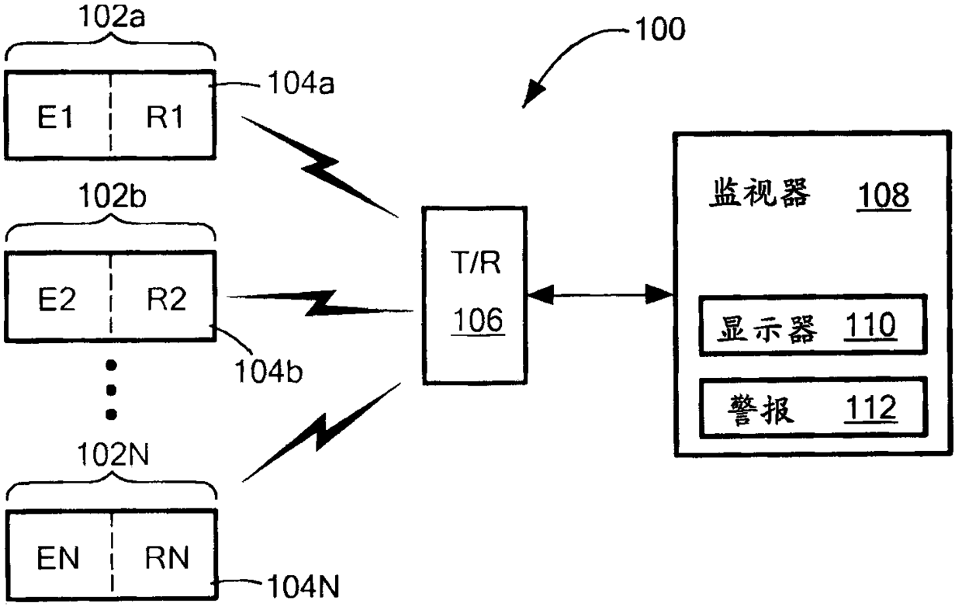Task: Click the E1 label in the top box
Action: pos(55,117)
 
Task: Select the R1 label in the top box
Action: pos(165,117)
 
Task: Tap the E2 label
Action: pos(57,299)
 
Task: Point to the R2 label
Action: pos(167,299)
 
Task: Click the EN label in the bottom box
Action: pos(58,558)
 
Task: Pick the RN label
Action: pos(167,558)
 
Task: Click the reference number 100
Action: pos(660,29)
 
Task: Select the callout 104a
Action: pos(301,83)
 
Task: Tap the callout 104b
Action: pos(268,371)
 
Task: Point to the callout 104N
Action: pos(303,587)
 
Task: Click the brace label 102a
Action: pos(112,17)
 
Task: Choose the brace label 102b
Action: pos(112,197)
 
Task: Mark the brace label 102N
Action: pos(113,455)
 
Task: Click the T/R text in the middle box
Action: pos(476,262)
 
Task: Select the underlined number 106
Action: pos(478,321)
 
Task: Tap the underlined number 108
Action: pos(884,196)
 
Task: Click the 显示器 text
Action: pos(766,329)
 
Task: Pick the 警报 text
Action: pos(761,411)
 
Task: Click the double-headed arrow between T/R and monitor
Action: pos(600,295)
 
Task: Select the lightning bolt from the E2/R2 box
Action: pos(320,303)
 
